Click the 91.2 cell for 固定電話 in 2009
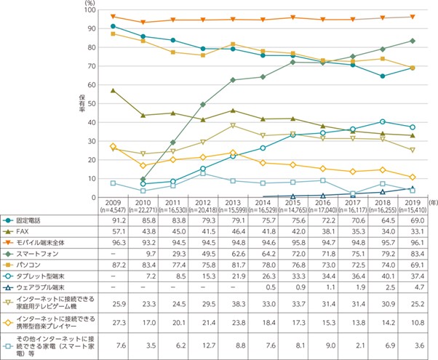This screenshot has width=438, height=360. (x=112, y=220)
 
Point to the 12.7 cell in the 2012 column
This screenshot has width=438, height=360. (x=202, y=342)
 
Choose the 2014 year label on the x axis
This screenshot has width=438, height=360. (x=263, y=203)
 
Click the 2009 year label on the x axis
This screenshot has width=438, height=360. (x=112, y=203)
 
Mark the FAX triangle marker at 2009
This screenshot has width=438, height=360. (x=112, y=91)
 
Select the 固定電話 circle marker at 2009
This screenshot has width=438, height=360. (x=112, y=26)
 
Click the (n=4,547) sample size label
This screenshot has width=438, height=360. (x=112, y=209)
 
